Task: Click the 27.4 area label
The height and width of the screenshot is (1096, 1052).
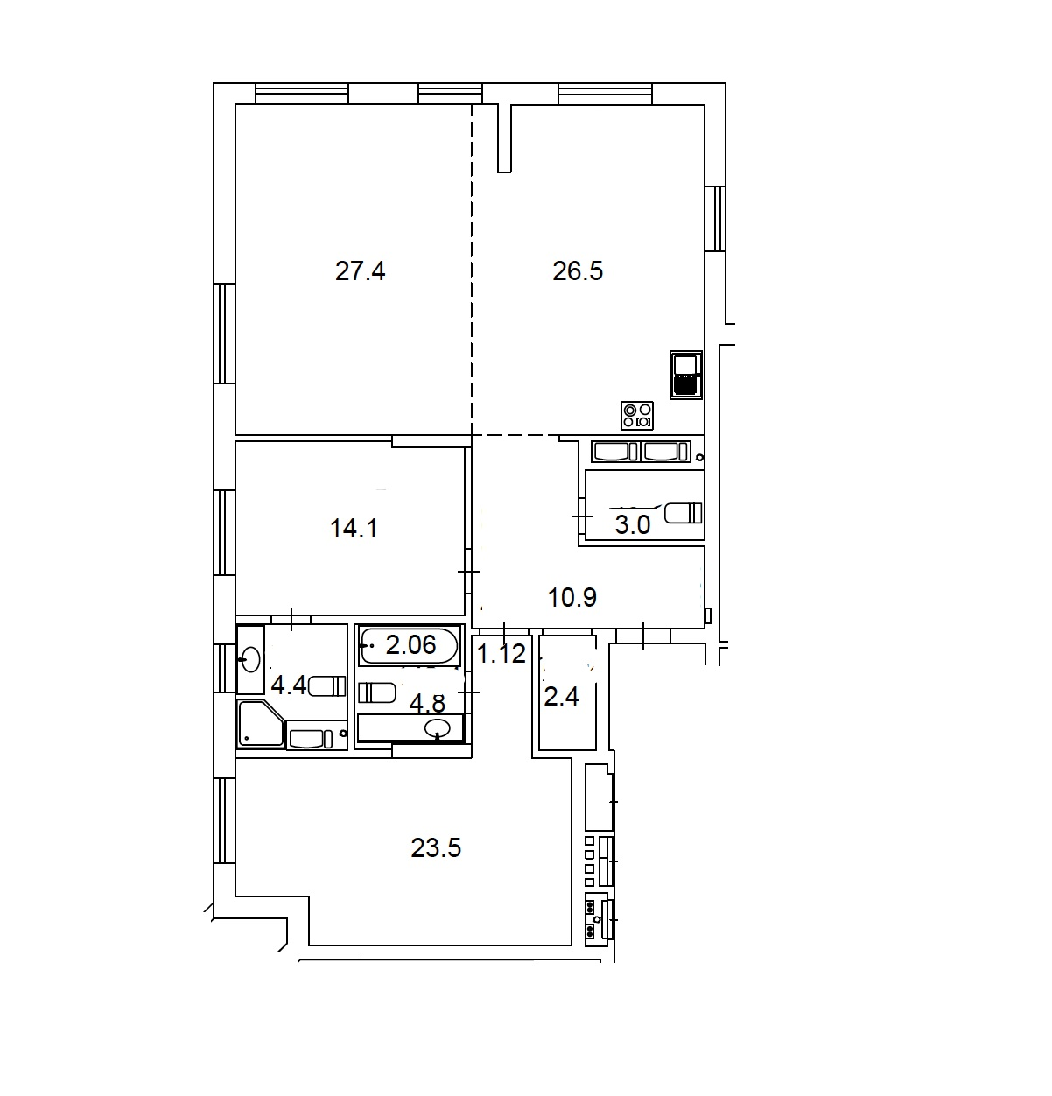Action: (360, 270)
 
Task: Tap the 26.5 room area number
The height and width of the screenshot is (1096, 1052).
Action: (578, 270)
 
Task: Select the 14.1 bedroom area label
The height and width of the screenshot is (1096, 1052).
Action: (354, 528)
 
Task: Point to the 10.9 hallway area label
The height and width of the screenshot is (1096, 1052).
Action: (572, 596)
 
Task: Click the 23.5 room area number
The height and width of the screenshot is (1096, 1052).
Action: (436, 847)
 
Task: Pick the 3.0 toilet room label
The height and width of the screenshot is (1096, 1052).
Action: (633, 525)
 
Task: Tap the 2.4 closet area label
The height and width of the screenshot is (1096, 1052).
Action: (562, 697)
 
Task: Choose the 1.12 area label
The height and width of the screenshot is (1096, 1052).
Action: (501, 653)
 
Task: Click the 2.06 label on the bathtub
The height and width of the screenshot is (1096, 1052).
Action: (410, 645)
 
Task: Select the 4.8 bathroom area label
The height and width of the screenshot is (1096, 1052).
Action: (427, 703)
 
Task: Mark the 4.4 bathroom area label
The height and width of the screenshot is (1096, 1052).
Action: (289, 685)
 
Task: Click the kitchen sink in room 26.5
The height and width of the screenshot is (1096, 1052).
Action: (686, 375)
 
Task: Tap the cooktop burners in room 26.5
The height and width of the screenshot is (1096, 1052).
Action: (637, 416)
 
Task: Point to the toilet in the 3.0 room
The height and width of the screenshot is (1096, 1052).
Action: (684, 513)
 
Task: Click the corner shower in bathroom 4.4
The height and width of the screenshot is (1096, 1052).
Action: (261, 724)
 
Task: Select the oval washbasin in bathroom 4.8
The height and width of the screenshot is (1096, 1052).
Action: (438, 728)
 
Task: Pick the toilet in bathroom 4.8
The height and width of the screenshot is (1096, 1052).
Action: (376, 692)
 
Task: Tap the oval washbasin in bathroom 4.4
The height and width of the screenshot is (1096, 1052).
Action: (250, 659)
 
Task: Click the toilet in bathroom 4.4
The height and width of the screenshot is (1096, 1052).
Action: (326, 686)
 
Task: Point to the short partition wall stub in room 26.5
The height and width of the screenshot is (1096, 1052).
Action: (504, 138)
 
